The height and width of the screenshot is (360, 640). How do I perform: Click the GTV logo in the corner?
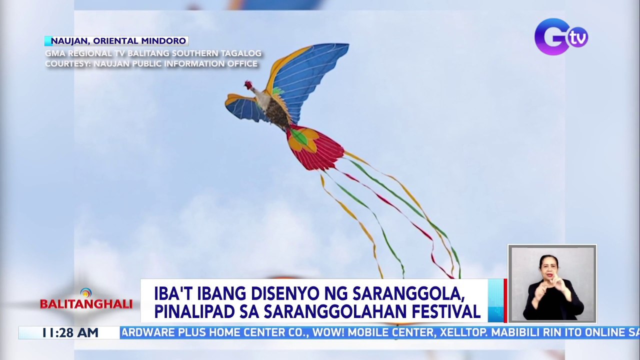coord(560,36)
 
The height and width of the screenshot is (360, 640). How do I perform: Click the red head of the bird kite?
coord(248,84)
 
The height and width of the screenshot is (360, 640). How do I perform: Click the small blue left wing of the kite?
coord(243,107)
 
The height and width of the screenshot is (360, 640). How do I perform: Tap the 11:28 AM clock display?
coord(70,333)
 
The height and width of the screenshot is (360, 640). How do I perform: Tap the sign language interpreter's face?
coord(548,264)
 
